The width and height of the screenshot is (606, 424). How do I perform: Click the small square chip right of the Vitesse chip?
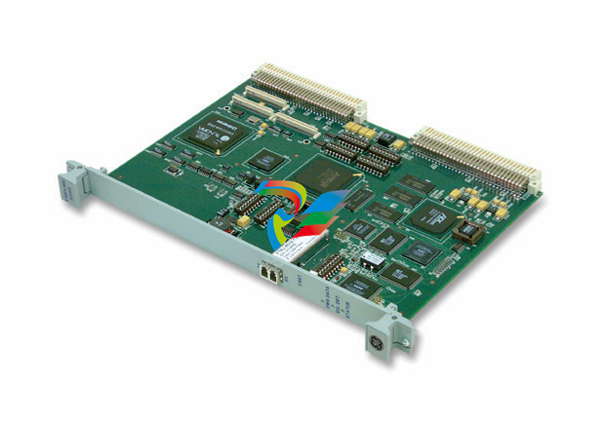click(x=261, y=159)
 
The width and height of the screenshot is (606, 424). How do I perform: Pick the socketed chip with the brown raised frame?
click(x=469, y=230)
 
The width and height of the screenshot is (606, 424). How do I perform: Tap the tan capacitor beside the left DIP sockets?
click(x=241, y=221)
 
